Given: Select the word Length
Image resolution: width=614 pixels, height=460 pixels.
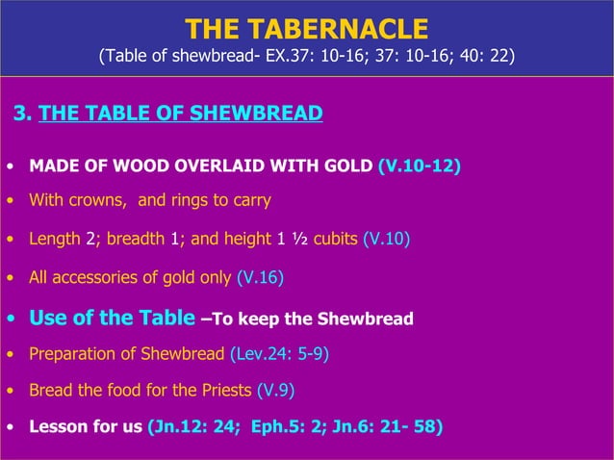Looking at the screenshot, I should (x=54, y=239).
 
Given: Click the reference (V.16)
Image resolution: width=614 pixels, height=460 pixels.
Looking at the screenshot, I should (x=260, y=278).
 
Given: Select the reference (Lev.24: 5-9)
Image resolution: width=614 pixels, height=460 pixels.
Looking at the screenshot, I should (x=279, y=353).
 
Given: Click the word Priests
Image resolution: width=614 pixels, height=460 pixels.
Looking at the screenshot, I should (x=225, y=391).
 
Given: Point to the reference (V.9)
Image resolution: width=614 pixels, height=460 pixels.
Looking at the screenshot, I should (x=276, y=391).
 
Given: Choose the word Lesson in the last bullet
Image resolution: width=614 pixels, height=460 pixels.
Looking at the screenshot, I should (x=58, y=427).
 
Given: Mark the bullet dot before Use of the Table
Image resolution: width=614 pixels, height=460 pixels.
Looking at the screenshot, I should (x=10, y=318).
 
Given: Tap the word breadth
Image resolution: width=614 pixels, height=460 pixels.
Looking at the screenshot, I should (x=134, y=239).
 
